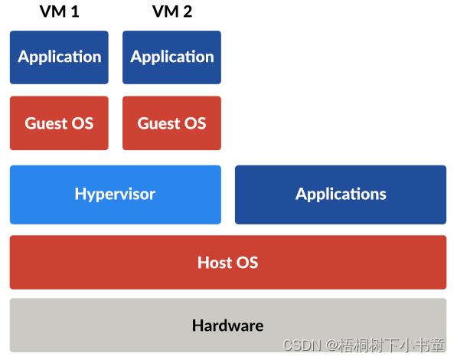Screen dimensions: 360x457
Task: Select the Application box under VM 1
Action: click(x=59, y=57)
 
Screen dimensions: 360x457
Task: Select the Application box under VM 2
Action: click(x=171, y=57)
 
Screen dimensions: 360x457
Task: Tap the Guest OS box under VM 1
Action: click(x=59, y=123)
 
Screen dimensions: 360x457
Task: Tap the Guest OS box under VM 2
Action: click(x=171, y=123)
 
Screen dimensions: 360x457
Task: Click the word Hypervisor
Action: click(x=115, y=195)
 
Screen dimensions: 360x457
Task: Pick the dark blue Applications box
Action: click(x=341, y=195)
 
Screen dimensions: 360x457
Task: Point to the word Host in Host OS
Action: click(x=214, y=263)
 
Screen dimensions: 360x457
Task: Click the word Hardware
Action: click(x=227, y=326)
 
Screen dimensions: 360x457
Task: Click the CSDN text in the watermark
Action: click(x=300, y=345)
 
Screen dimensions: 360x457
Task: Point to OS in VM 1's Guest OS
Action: click(x=82, y=123)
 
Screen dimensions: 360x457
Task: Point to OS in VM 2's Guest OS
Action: click(x=194, y=123)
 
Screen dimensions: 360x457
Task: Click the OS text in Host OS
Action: click(x=246, y=263)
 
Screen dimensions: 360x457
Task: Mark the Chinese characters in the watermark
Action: click(x=390, y=345)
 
